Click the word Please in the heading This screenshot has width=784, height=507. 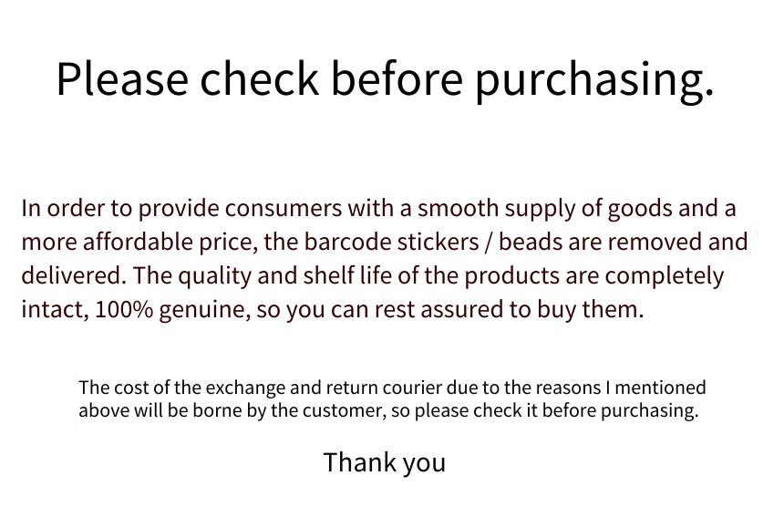click(122, 78)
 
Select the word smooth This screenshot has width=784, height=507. click(458, 208)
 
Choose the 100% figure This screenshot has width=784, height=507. click(123, 309)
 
